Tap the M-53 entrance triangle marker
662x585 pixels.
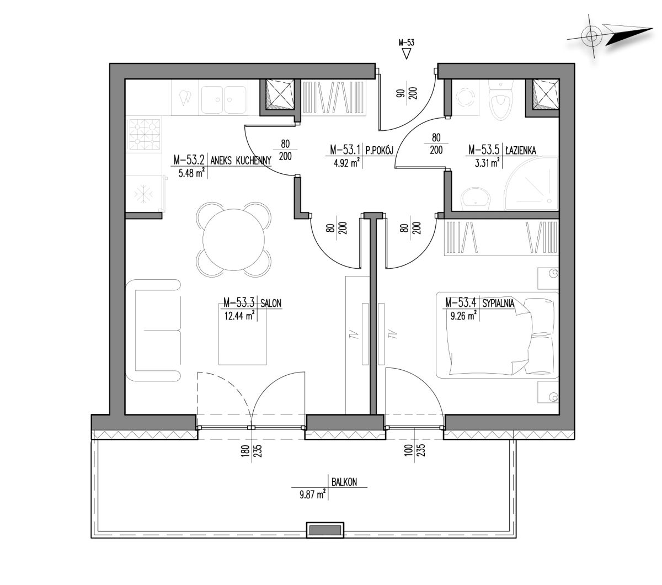[406, 54]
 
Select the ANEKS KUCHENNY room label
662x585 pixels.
[241, 161]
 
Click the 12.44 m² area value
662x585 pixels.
[239, 315]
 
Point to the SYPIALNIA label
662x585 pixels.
[498, 303]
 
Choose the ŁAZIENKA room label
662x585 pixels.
[521, 150]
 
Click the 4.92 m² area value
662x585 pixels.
[346, 162]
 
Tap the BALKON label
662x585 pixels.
[344, 482]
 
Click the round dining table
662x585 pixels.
[233, 240]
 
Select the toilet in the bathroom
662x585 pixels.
[500, 100]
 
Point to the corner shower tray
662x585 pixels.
[531, 183]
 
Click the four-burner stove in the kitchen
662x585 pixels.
[145, 135]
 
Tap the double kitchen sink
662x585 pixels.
[223, 100]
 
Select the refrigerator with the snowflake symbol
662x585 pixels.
[145, 194]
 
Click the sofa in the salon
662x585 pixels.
[153, 330]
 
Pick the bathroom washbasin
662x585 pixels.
[476, 199]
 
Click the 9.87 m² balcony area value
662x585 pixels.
[312, 494]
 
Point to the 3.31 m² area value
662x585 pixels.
[487, 162]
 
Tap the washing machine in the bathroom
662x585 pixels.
[464, 97]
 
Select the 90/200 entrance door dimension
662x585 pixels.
[406, 93]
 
